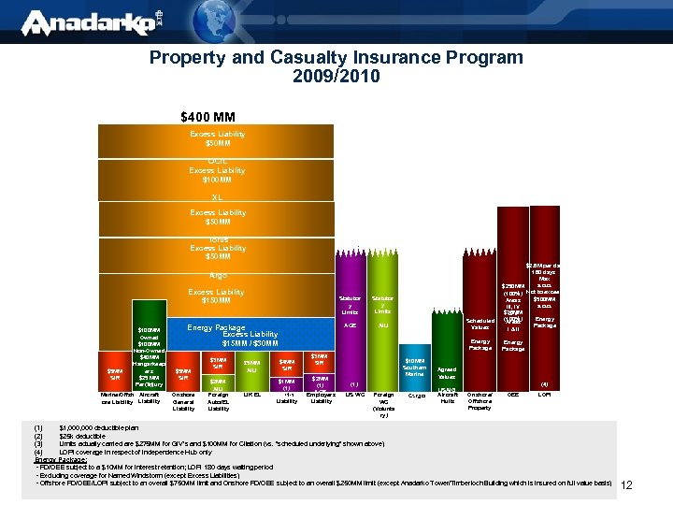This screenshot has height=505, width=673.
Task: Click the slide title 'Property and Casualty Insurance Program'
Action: (336, 57)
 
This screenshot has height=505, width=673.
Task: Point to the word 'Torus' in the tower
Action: (218, 239)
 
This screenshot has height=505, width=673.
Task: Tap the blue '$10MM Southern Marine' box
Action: (415, 368)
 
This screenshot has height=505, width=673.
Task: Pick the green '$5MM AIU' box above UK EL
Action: (251, 367)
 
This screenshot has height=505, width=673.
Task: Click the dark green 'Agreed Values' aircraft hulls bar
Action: (447, 374)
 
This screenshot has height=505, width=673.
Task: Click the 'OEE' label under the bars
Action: (512, 395)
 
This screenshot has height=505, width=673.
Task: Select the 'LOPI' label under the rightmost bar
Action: (545, 395)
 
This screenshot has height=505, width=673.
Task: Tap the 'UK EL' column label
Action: (251, 395)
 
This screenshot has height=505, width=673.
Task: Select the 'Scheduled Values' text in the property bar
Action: (480, 324)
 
